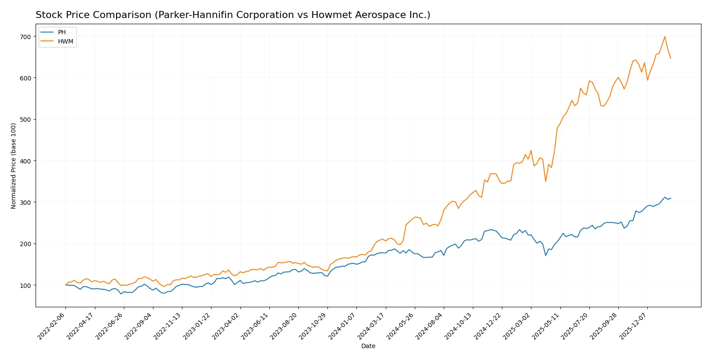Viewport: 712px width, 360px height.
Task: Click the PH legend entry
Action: coord(62,33)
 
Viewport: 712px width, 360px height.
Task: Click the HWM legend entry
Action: coord(65,42)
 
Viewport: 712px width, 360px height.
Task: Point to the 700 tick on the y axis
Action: coord(25,36)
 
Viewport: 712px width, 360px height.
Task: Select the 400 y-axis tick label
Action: coord(25,161)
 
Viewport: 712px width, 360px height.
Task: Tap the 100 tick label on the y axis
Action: coord(25,285)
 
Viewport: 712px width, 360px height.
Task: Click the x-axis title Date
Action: coord(368,346)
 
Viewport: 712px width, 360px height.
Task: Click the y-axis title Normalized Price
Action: coord(14,166)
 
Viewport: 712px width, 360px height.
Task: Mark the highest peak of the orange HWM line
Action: coord(665,36)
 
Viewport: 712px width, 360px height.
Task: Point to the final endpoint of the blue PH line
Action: coord(671,198)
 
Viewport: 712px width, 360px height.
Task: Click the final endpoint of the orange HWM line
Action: coord(671,58)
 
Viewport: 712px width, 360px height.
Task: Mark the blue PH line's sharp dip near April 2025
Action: coord(546,255)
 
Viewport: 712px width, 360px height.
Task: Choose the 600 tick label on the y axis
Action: coord(25,78)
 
